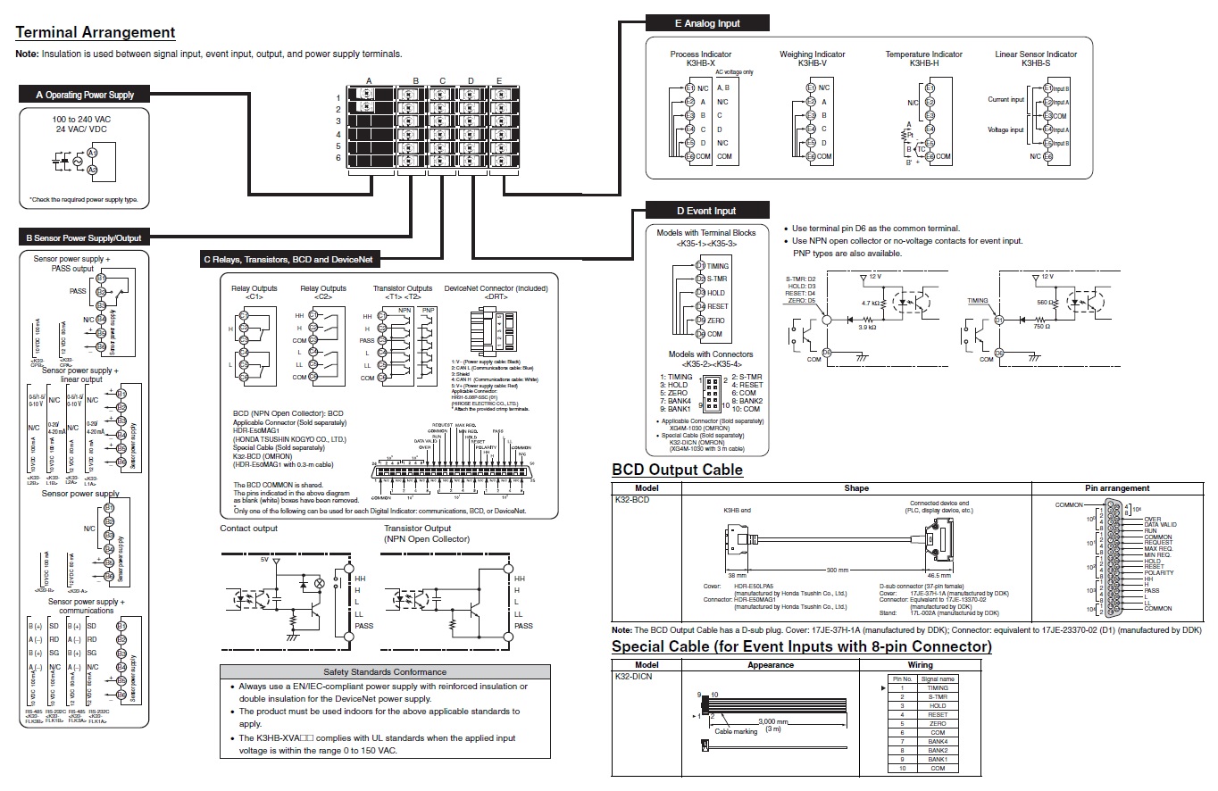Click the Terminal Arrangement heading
(x=96, y=33)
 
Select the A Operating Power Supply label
(x=84, y=95)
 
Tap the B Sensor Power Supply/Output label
(x=84, y=238)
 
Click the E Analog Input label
(x=706, y=23)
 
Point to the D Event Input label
(x=705, y=211)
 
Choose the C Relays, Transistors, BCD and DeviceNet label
(x=291, y=260)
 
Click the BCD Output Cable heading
(x=677, y=470)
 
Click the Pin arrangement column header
(x=1116, y=488)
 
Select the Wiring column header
(x=920, y=665)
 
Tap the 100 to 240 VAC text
(x=81, y=119)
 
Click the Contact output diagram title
(x=248, y=529)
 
